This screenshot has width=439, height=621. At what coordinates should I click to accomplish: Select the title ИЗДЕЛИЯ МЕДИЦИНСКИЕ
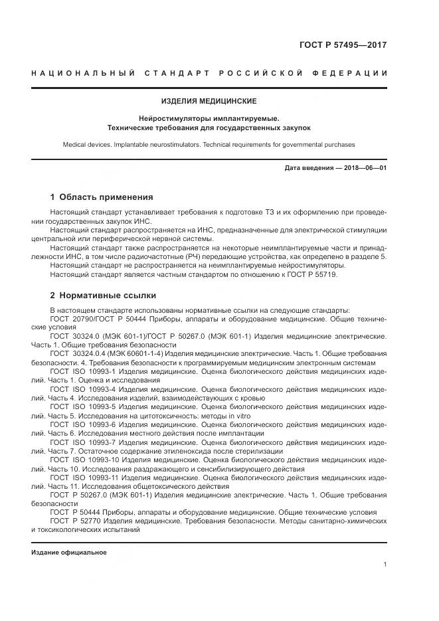[x=209, y=101]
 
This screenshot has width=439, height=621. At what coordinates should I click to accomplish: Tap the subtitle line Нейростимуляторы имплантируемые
[x=209, y=118]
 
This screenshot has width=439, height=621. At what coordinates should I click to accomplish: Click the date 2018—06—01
[x=364, y=168]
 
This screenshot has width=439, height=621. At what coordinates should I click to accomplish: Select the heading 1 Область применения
[x=102, y=197]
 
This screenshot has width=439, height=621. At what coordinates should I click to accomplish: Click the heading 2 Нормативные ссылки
[x=103, y=295]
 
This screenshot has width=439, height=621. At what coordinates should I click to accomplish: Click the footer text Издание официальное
[x=68, y=553]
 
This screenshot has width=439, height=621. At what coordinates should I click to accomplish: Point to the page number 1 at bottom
[x=385, y=565]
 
